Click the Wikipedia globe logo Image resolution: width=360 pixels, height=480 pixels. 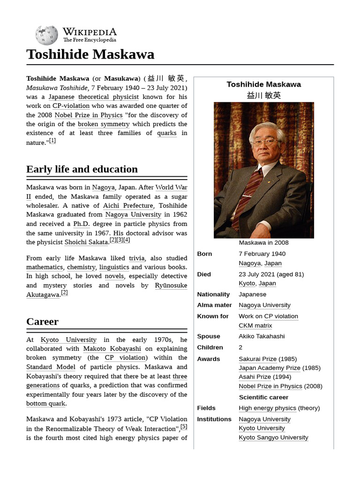coord(46,35)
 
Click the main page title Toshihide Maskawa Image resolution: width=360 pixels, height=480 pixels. coord(90,54)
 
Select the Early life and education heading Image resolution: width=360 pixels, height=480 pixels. coord(82,169)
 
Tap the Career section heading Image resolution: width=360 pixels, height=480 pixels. coord(42,322)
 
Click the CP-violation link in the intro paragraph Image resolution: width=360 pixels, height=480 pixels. coord(71,106)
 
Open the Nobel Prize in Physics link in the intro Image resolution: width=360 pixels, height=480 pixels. coord(88,115)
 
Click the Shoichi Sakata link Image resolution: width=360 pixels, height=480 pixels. coord(86,242)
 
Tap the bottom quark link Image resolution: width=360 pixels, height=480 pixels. coord(46,404)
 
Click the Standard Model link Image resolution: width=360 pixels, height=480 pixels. coord(51,367)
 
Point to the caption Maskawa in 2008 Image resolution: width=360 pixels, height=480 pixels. coord(263,243)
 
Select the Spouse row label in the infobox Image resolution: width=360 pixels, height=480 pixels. coord(208,337)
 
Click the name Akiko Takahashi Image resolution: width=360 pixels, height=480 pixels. coord(261,337)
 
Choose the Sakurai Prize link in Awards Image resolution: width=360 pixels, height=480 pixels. coord(257,359)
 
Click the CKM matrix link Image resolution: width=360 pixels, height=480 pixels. coord(255,326)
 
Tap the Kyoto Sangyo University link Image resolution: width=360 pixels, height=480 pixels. coord(273,437)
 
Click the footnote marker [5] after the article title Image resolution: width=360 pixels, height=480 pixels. coord(184,427)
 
